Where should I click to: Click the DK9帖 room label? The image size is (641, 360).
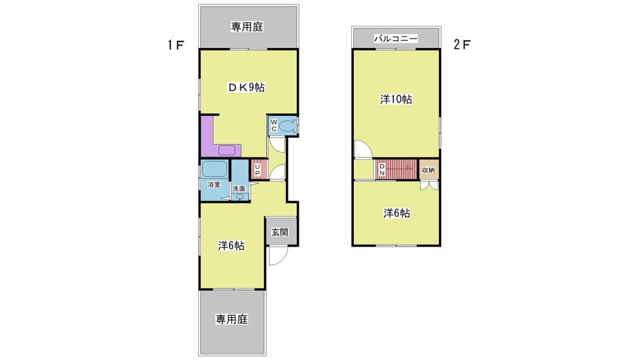(x=246, y=88)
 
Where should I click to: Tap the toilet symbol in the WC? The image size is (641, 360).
(x=288, y=126)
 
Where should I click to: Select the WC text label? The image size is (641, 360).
(x=274, y=126)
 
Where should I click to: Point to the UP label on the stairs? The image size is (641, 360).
(x=257, y=170)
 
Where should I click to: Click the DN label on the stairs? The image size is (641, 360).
(x=382, y=170)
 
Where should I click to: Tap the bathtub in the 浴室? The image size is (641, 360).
(x=214, y=168)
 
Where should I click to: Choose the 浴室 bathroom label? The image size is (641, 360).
(x=214, y=184)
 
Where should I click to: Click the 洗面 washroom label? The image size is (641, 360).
(x=239, y=189)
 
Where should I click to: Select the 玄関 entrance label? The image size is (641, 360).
(x=280, y=232)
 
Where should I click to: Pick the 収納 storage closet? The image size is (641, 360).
(x=428, y=170)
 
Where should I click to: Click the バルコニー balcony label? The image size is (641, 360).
(x=396, y=39)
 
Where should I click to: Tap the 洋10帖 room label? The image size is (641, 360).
(x=396, y=99)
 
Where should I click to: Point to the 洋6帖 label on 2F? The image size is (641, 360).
(x=397, y=213)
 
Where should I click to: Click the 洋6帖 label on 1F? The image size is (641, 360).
(x=231, y=245)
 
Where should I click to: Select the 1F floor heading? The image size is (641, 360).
(x=176, y=45)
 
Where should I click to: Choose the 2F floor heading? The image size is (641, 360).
(x=462, y=44)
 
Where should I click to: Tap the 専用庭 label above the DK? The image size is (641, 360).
(x=247, y=27)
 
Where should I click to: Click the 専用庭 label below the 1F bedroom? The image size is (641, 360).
(x=232, y=319)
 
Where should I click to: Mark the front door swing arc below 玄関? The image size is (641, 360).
(x=282, y=260)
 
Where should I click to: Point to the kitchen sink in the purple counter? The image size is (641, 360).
(x=227, y=151)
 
